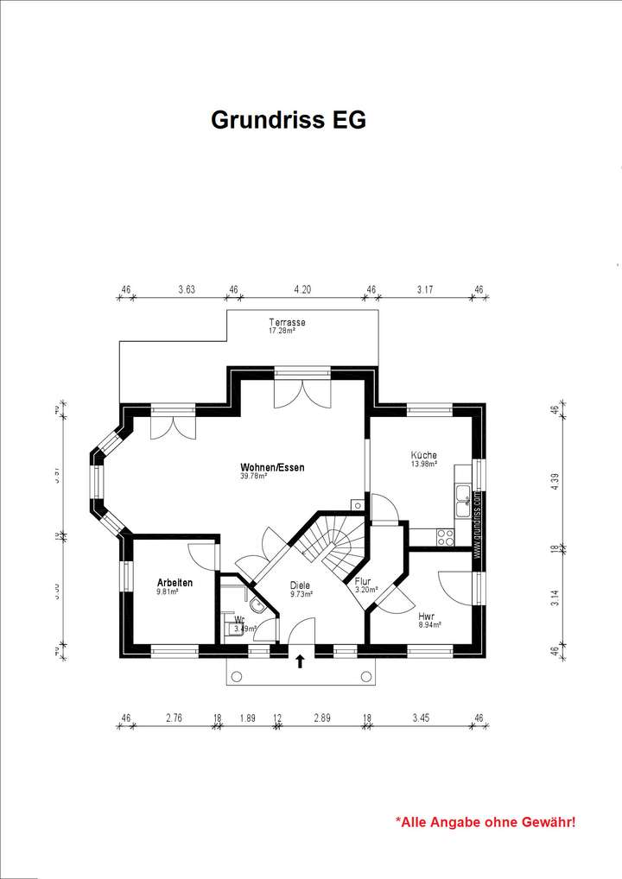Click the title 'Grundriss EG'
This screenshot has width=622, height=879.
coord(288,120)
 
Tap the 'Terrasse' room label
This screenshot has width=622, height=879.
coord(287,323)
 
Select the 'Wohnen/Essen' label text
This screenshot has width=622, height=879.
coord(272,467)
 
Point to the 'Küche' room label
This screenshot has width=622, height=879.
coord(423,455)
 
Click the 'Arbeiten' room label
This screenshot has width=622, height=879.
coord(175,583)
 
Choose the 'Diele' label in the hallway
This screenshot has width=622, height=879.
coord(301,585)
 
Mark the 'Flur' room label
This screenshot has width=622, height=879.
coord(362,582)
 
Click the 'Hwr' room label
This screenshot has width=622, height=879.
coord(426,617)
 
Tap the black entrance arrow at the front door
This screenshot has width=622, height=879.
coord(300,662)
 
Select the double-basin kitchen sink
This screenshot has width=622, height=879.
coord(463,496)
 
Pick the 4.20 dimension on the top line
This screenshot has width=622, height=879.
coord(301,290)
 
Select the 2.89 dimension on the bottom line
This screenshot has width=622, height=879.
coord(321,718)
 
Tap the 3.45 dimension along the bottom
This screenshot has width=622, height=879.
coord(421,718)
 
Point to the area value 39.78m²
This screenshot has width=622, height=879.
coord(254,476)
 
